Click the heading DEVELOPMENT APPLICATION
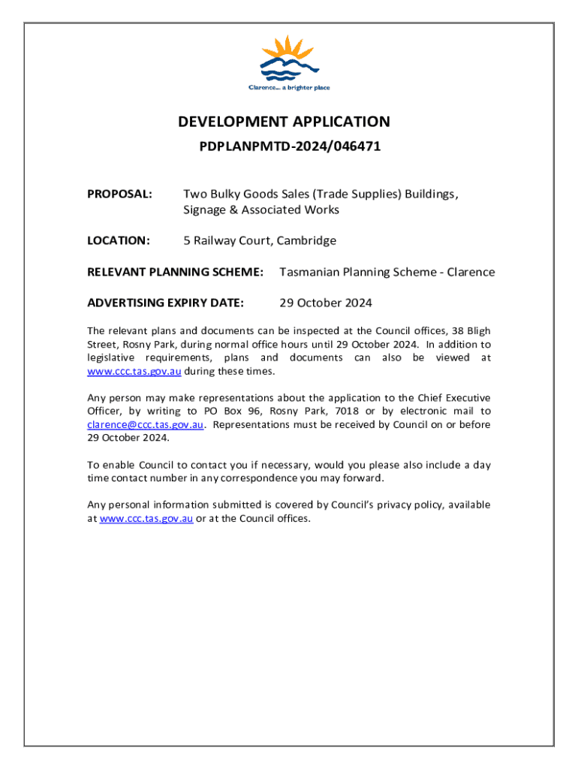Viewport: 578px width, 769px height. (284, 122)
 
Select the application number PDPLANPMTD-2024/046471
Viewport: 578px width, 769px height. (290, 146)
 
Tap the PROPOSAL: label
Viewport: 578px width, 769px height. (120, 195)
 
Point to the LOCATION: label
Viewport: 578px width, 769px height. (119, 240)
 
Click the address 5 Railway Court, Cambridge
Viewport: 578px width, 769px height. (260, 240)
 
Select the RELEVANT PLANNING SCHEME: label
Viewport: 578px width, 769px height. (175, 272)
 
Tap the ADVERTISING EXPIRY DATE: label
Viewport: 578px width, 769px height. (165, 303)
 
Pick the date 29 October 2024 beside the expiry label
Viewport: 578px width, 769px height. (326, 303)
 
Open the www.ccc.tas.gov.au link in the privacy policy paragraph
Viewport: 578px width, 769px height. (146, 518)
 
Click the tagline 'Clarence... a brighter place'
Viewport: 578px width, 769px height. (289, 88)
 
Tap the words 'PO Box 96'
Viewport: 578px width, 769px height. (229, 411)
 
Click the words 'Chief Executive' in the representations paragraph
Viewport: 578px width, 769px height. (457, 397)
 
